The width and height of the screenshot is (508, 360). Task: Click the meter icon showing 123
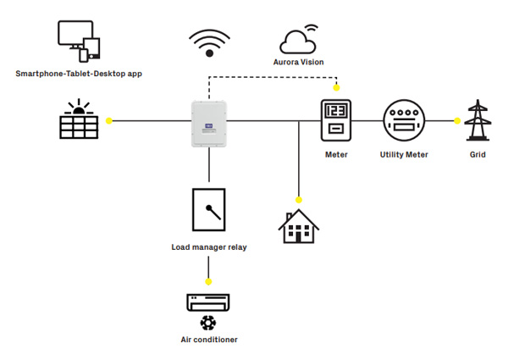pos(336,120)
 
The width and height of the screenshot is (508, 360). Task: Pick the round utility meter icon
pos(404,120)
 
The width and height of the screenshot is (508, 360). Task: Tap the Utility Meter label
pos(404,155)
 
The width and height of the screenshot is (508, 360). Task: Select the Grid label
pos(478,155)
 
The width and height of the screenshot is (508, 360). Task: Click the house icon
pos(299,225)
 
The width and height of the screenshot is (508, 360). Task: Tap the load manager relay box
pos(208,209)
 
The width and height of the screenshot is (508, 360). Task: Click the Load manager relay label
pos(208,248)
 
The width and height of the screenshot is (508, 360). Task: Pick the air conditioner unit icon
pos(208,302)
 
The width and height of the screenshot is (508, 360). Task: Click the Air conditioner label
pos(208,340)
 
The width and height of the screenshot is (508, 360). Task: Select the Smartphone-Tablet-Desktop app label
pos(79,74)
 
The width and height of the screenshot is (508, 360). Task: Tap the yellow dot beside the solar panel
pos(109,121)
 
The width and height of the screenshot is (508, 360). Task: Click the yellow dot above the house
pos(299,198)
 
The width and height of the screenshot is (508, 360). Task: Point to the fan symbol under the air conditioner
pos(208,323)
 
